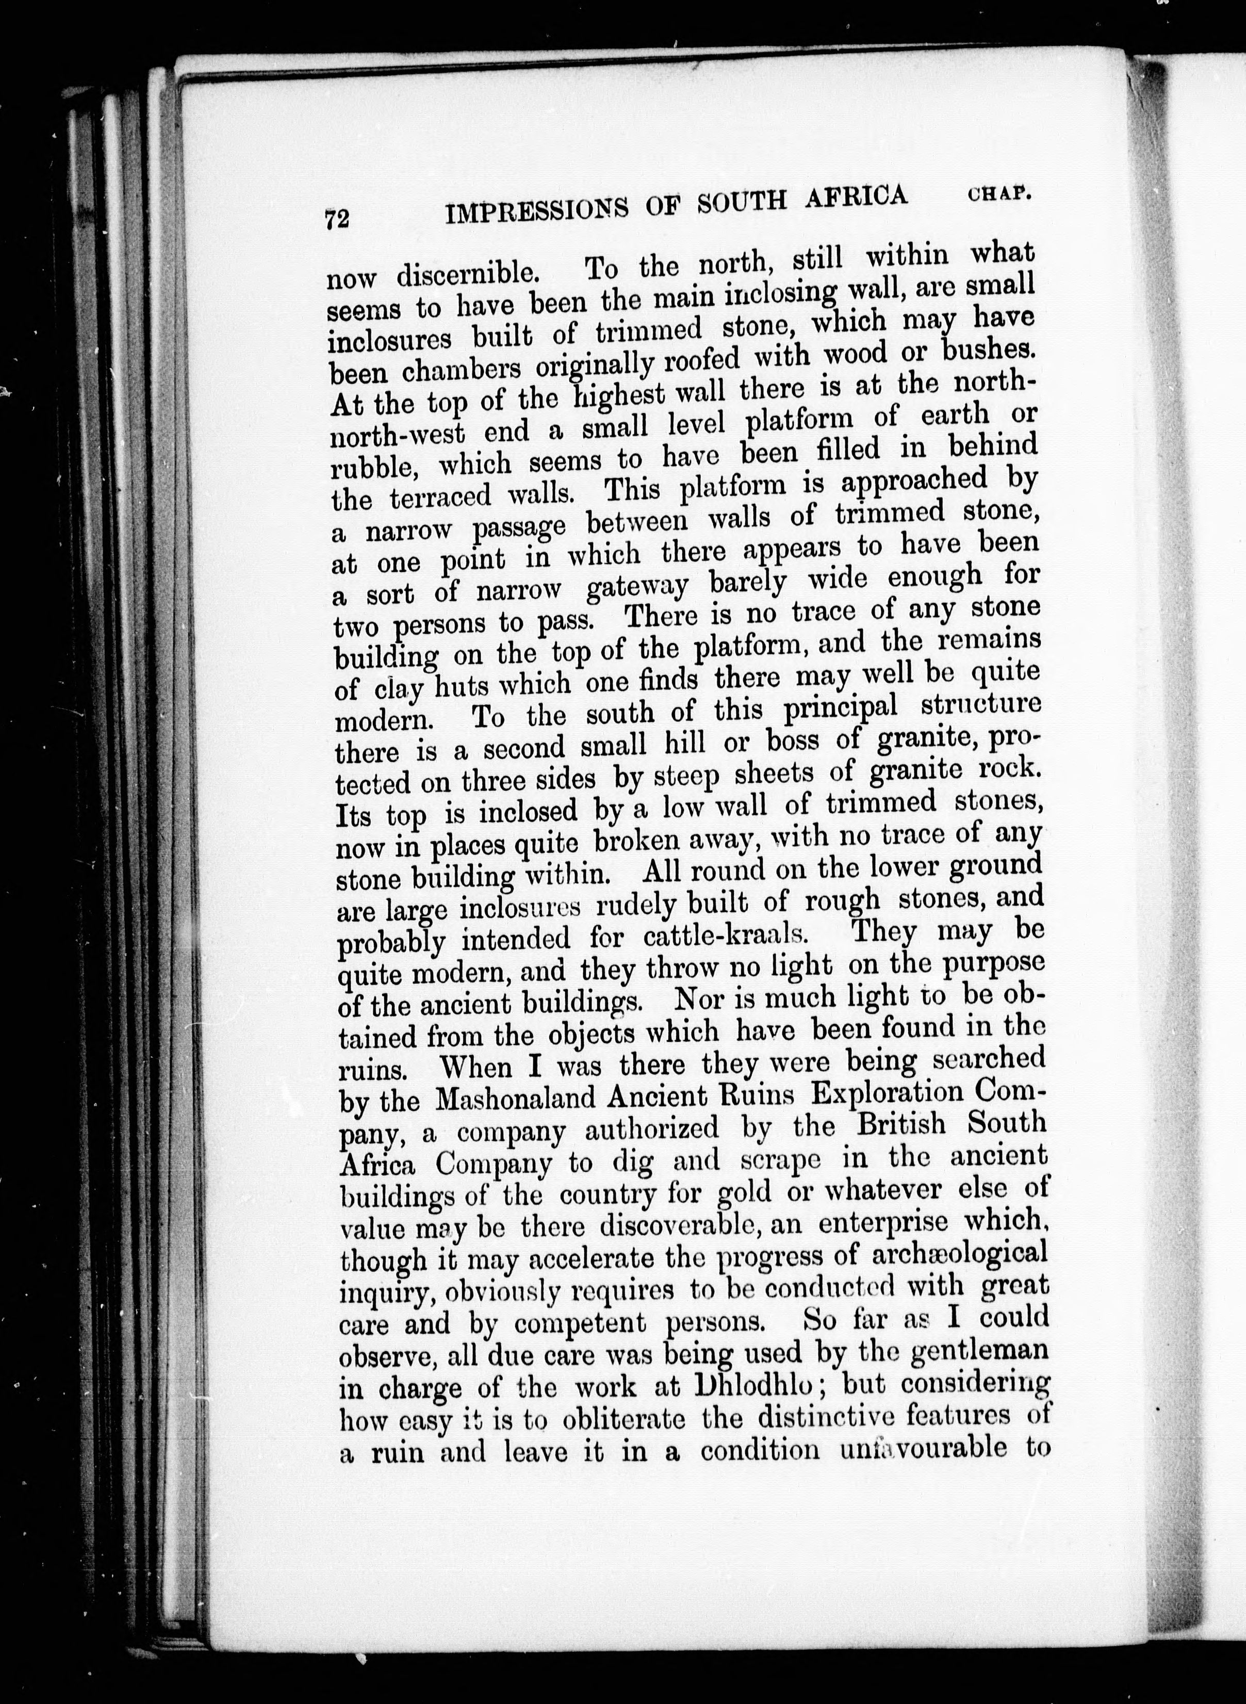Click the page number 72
[336, 220]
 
